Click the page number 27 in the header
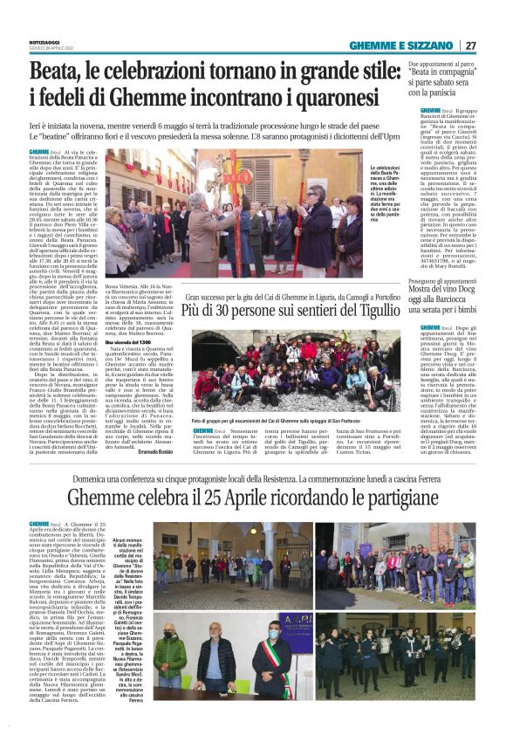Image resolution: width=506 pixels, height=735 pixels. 470,45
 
